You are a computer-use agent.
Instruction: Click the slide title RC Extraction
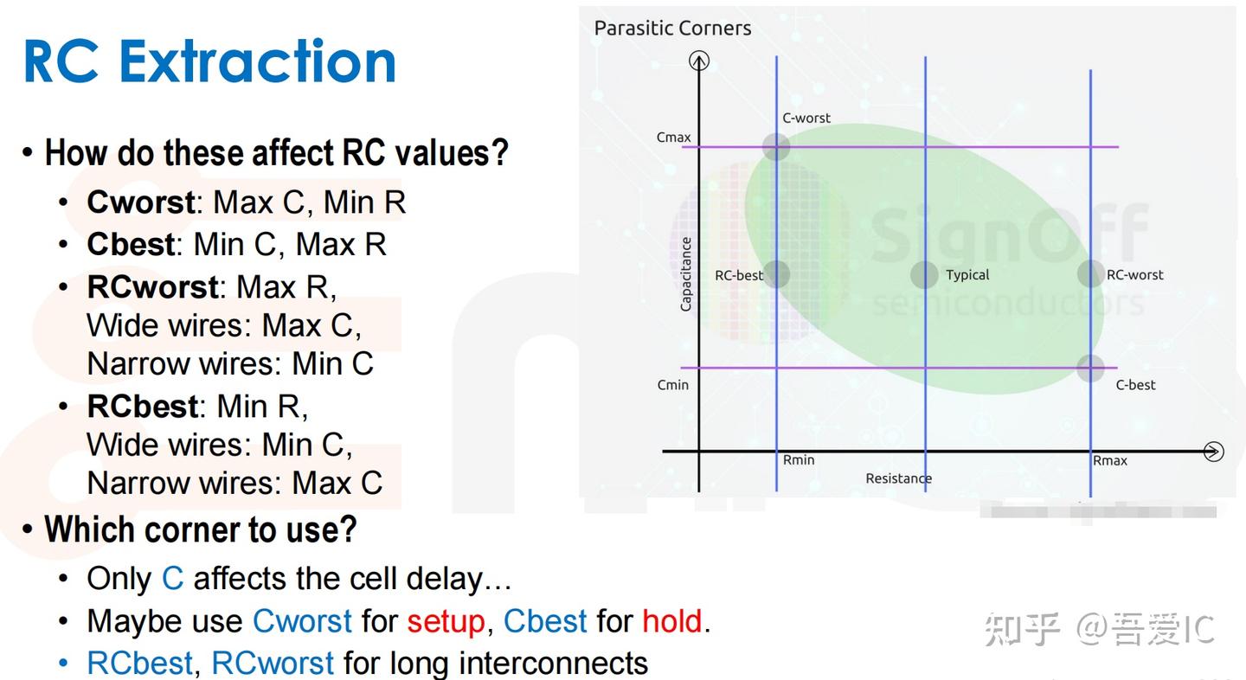tap(209, 61)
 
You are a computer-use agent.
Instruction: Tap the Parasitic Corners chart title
tap(672, 28)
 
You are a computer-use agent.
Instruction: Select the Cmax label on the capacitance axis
tap(673, 138)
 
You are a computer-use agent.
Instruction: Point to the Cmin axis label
tap(673, 385)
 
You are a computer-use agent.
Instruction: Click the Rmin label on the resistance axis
tap(799, 459)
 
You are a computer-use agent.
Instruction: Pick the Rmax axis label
tap(1109, 460)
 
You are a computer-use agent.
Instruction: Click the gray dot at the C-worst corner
tap(776, 147)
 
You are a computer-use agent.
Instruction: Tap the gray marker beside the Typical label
tap(924, 274)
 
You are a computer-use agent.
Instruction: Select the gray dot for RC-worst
tap(1090, 273)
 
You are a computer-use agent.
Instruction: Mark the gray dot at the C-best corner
tap(1090, 368)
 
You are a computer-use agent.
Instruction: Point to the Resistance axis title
tap(898, 478)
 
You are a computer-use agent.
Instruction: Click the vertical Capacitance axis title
tap(686, 274)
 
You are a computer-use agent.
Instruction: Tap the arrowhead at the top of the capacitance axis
tap(699, 60)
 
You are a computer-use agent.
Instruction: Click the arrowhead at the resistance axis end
tap(1214, 452)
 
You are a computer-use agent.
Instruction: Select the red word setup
tap(446, 622)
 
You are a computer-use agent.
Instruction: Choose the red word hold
tap(672, 621)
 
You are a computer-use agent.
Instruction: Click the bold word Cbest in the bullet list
tap(131, 244)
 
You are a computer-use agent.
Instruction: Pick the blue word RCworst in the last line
tap(273, 663)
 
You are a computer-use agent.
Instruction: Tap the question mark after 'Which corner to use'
tap(348, 529)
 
